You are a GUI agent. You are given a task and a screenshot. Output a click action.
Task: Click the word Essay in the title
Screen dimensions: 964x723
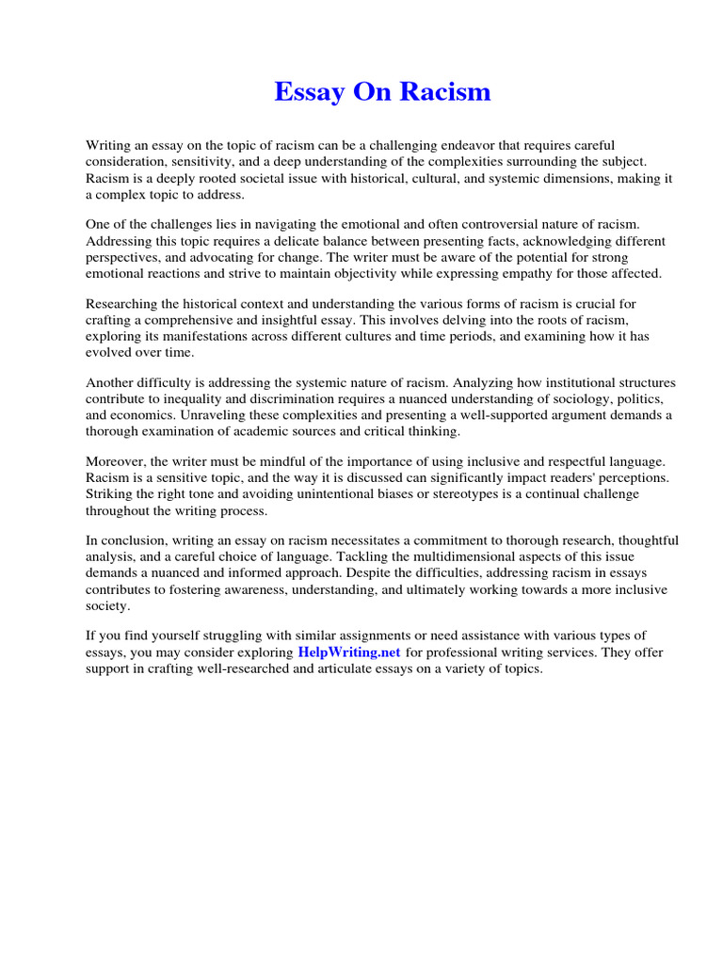[308, 92]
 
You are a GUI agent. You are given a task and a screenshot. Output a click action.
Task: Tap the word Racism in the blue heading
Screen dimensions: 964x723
[448, 92]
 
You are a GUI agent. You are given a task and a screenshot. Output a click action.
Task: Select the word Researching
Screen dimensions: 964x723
[121, 304]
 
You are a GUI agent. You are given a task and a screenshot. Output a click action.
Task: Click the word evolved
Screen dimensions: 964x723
[108, 352]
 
